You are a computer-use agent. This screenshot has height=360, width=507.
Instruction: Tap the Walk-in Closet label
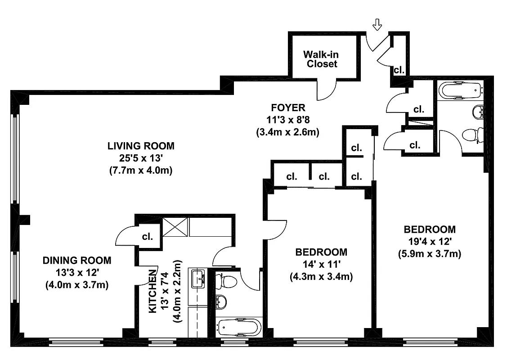pyautogui.click(x=321, y=59)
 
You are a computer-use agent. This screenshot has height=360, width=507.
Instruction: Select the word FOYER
pyautogui.click(x=288, y=108)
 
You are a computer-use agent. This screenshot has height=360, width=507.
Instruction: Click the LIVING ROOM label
pyautogui.click(x=140, y=146)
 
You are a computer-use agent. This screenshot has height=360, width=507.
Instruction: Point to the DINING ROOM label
pyautogui.click(x=76, y=260)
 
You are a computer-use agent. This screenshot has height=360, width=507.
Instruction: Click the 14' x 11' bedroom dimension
pyautogui.click(x=321, y=264)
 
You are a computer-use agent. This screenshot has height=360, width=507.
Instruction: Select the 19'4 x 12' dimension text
pyautogui.click(x=429, y=241)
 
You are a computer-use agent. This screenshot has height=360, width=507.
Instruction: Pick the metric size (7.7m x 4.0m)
pyautogui.click(x=140, y=171)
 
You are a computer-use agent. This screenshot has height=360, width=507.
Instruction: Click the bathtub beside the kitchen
pyautogui.click(x=238, y=327)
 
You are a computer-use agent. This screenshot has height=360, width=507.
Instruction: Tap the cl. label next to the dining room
pyautogui.click(x=147, y=236)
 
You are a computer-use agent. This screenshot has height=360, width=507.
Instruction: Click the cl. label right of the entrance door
pyautogui.click(x=399, y=70)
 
